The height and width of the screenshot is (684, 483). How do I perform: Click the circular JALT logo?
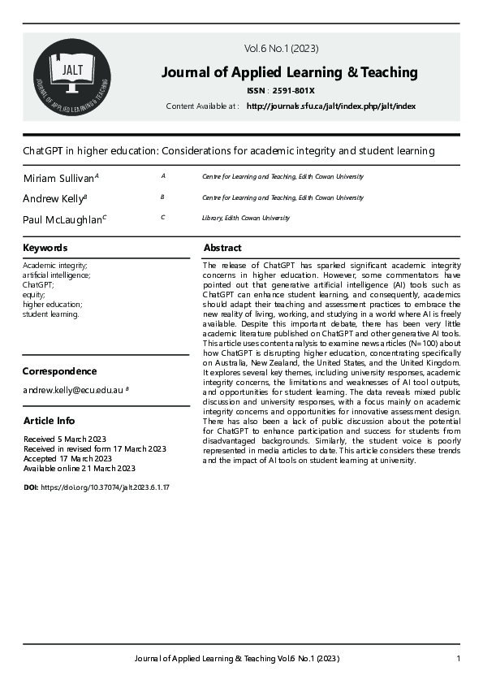72,76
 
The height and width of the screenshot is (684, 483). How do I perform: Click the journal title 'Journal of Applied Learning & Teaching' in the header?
289,72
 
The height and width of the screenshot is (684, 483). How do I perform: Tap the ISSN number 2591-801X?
297,91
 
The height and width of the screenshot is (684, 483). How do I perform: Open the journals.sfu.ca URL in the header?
330,106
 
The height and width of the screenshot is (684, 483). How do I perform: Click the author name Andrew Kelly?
53,198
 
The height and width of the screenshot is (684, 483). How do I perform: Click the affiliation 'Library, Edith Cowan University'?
245,218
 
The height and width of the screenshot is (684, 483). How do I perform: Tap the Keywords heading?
45,248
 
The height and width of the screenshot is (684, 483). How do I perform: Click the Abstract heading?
222,248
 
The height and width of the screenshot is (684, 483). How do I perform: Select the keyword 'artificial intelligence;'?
57,275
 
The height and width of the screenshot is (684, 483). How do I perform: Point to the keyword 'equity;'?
35,295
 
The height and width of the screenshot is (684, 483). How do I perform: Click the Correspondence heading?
59,371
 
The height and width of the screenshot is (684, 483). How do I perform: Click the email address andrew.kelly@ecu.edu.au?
73,391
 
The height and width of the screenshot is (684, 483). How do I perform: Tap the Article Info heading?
49,420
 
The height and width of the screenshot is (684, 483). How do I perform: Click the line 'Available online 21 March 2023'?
80,468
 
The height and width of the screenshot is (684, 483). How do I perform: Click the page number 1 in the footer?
459,658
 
